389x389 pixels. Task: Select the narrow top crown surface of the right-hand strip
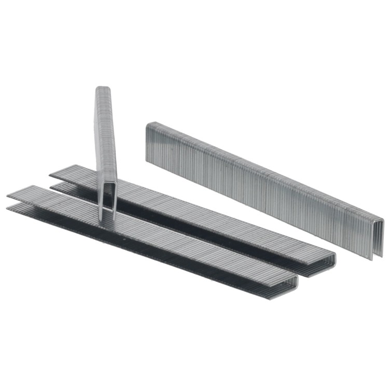tap(259, 166)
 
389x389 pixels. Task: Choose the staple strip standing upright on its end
tap(106, 150)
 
